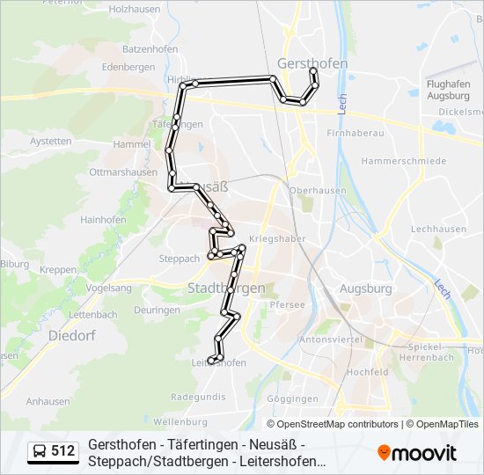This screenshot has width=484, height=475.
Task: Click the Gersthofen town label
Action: pyautogui.click(x=312, y=63)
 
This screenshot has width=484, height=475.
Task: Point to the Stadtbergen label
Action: pyautogui.click(x=225, y=288)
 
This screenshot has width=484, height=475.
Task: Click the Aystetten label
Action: pyautogui.click(x=50, y=141)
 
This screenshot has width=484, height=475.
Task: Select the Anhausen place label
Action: pyautogui.click(x=48, y=401)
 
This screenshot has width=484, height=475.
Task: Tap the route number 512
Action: pyautogui.click(x=62, y=452)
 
